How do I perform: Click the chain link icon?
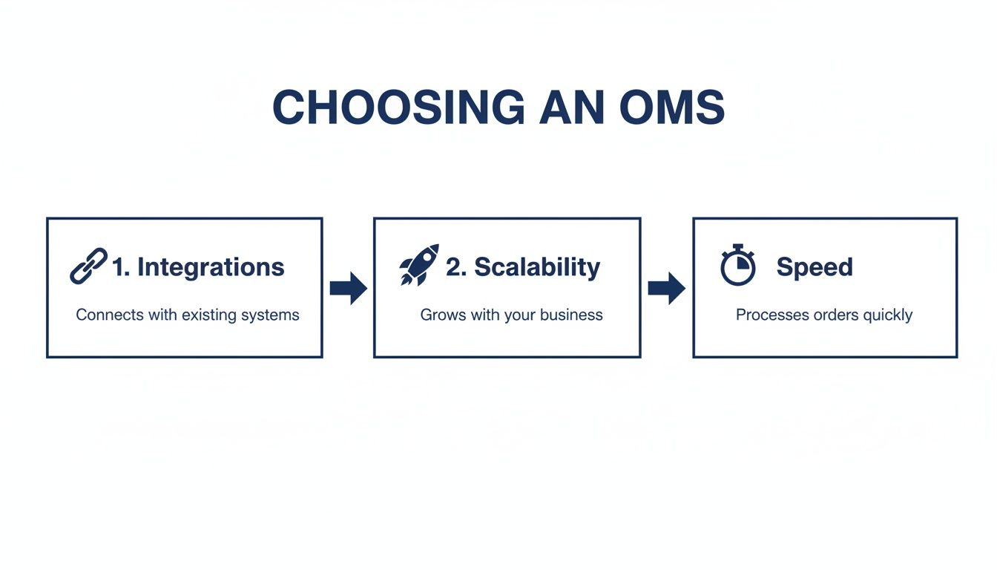(88, 266)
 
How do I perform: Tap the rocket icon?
(419, 264)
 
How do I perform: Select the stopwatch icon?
(737, 265)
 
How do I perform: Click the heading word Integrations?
(211, 267)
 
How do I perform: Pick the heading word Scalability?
(537, 267)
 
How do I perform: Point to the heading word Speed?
(814, 267)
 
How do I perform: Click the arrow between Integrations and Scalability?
(348, 288)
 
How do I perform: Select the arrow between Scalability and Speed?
(666, 288)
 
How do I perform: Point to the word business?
(571, 315)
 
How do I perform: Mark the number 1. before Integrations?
(121, 267)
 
